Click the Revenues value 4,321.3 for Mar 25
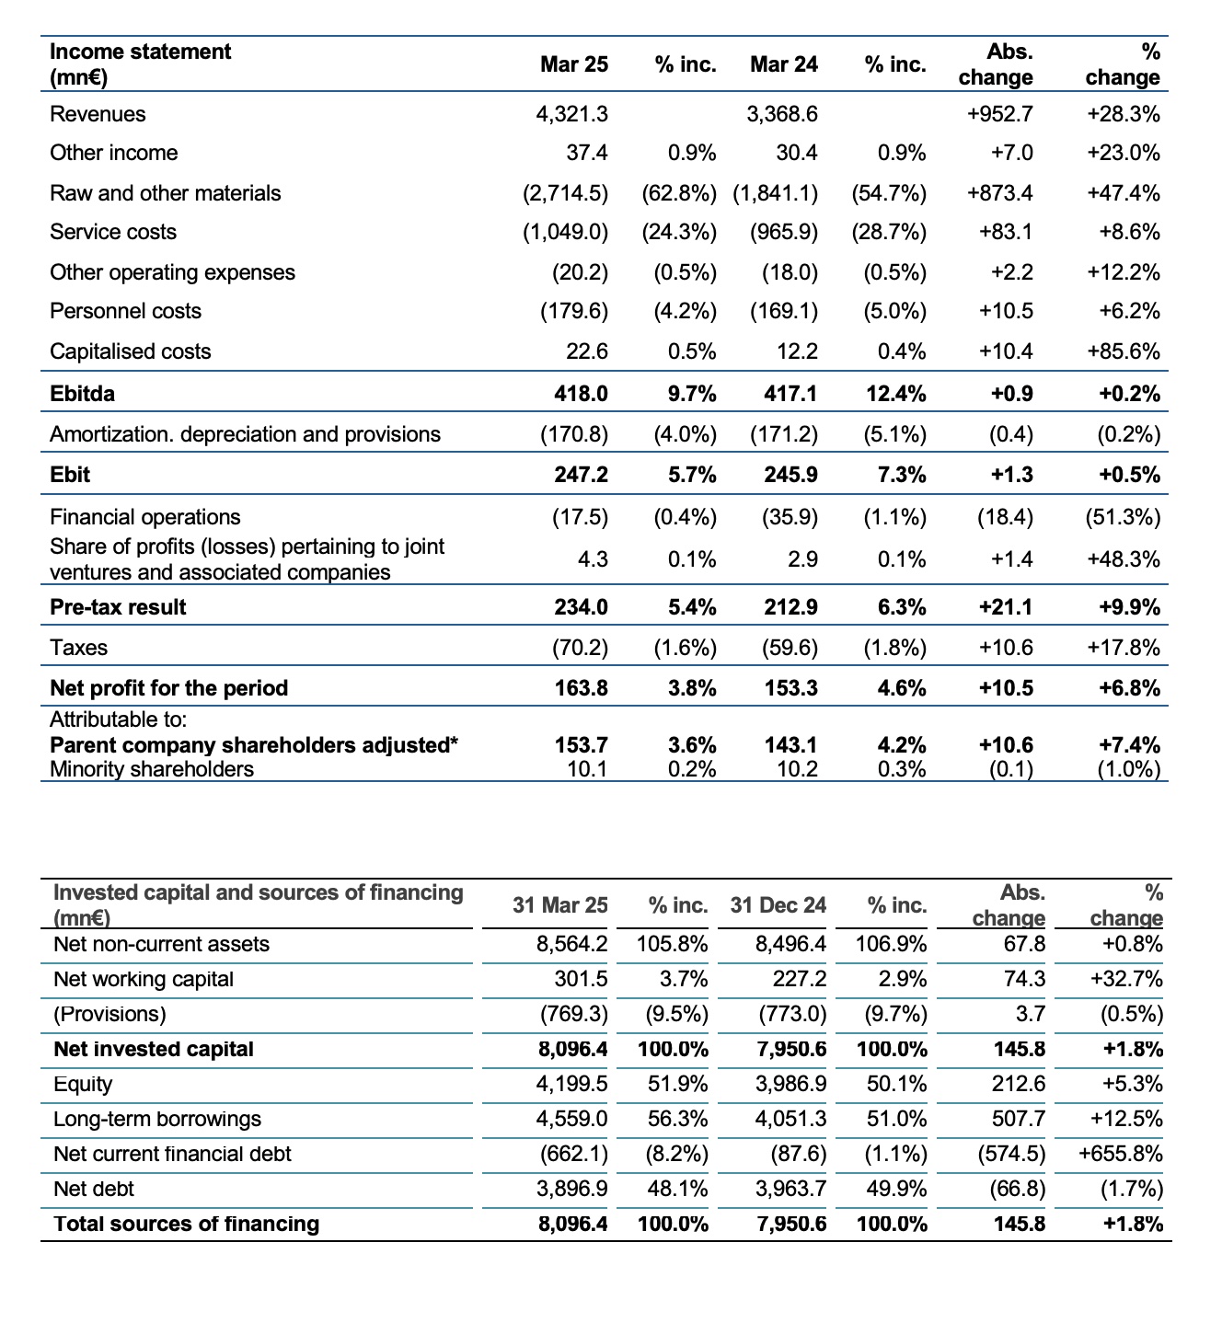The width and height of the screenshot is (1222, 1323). [x=571, y=115]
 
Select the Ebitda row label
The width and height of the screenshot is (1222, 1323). [x=82, y=394]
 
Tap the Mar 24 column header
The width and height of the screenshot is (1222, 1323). [x=784, y=64]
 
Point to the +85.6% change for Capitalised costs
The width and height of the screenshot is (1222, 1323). [x=1124, y=351]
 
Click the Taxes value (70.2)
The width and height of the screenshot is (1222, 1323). [x=580, y=648]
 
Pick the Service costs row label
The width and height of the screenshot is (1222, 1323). [x=113, y=232]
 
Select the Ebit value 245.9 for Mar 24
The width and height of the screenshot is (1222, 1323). [x=791, y=475]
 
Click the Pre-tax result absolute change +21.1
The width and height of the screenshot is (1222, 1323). [x=1006, y=607]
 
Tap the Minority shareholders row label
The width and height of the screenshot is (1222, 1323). [x=152, y=769]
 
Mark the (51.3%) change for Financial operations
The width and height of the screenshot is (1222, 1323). [x=1124, y=518]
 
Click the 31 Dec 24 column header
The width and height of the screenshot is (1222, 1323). [x=778, y=904]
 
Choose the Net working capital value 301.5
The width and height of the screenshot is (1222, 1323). [x=581, y=979]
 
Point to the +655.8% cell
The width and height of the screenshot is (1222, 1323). [x=1121, y=1154]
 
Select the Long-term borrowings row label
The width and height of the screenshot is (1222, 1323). [x=157, y=1119]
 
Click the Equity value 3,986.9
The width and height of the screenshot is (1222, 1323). [x=791, y=1084]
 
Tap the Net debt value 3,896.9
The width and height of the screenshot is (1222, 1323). [x=571, y=1189]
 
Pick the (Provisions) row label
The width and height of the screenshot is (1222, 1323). [x=110, y=1015]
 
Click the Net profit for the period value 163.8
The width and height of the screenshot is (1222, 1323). [x=581, y=688]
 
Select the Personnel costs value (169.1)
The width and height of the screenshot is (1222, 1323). [x=784, y=311]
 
